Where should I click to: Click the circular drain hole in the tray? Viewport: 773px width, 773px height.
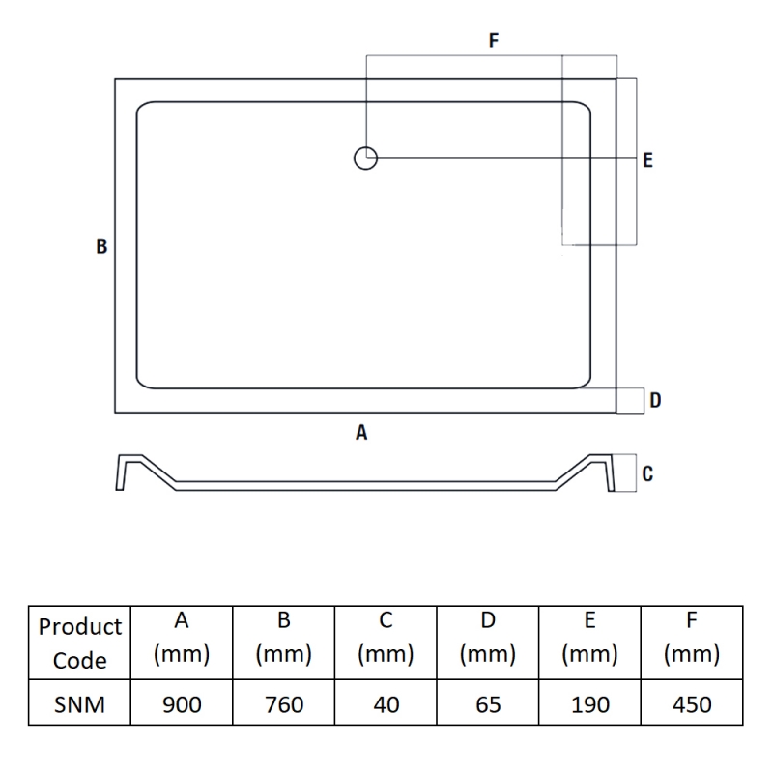pyautogui.click(x=366, y=148)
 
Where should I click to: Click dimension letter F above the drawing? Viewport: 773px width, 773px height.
pyautogui.click(x=494, y=40)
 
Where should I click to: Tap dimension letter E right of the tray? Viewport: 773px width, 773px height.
pyautogui.click(x=647, y=160)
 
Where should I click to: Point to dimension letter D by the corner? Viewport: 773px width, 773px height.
pyautogui.click(x=655, y=400)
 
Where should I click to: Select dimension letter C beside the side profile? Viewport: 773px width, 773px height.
pyautogui.click(x=647, y=473)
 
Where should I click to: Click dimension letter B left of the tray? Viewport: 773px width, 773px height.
pyautogui.click(x=101, y=246)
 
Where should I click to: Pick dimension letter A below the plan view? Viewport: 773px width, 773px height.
pyautogui.click(x=361, y=432)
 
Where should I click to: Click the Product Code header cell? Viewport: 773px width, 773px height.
pyautogui.click(x=80, y=644)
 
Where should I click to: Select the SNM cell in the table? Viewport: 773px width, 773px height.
pyautogui.click(x=79, y=704)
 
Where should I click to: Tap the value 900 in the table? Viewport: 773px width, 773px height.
pyautogui.click(x=182, y=704)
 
